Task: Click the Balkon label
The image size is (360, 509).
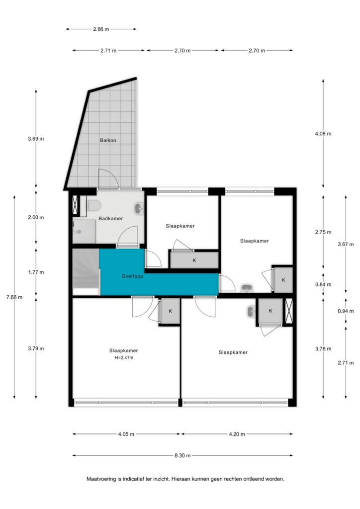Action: pos(108,140)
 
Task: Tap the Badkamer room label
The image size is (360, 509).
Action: pos(111,219)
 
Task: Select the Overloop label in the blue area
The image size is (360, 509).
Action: pos(132,276)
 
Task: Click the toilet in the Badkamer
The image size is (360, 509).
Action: pos(94,205)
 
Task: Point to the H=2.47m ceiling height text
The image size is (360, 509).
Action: pos(124,358)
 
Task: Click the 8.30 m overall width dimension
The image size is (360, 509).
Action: pos(182,455)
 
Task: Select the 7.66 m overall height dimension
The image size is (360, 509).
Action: pos(14,297)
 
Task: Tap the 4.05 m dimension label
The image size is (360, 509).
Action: pos(126,434)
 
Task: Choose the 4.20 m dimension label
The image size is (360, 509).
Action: pos(237,434)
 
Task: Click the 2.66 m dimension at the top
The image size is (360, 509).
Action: pos(101,29)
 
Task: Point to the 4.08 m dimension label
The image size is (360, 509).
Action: pos(323,133)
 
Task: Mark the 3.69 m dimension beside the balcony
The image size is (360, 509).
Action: pos(36,139)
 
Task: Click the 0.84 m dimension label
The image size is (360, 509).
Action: pos(323,285)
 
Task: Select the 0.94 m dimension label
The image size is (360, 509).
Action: pos(346,311)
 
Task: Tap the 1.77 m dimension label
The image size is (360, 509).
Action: pos(36,272)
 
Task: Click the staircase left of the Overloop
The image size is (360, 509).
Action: pos(86,272)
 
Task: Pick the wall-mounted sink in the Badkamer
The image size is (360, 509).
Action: pos(139,208)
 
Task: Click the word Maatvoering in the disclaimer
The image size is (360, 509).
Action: pos(101,479)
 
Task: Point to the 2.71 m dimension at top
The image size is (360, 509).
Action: pos(108,51)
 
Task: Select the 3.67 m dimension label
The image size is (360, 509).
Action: pos(346,244)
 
